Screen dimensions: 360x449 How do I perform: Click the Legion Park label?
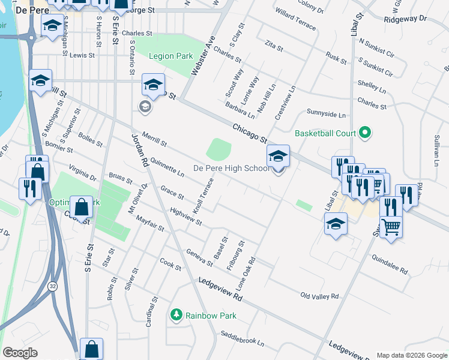(171, 56)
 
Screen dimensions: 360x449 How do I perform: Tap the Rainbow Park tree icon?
(176, 314)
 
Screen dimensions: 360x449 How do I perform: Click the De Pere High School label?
(231, 168)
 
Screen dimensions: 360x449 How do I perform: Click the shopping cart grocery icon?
(391, 227)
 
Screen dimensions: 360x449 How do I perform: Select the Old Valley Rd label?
(319, 296)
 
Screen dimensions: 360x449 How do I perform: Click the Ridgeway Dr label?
(406, 19)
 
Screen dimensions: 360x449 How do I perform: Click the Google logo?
(20, 353)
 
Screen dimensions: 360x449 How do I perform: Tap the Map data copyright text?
(411, 355)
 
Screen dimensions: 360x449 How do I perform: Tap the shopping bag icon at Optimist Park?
(82, 208)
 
